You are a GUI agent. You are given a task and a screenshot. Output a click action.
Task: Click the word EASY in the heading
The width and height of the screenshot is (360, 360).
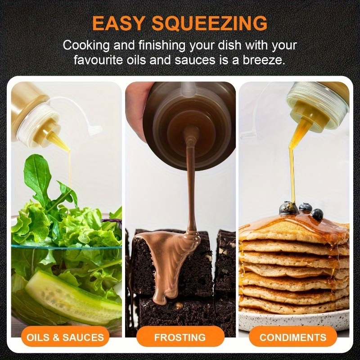click(x=118, y=23)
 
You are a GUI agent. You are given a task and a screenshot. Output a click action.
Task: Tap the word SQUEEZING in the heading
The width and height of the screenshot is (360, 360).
click(x=210, y=23)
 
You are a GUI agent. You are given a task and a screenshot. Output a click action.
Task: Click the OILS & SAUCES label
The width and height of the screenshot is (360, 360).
click(x=65, y=337)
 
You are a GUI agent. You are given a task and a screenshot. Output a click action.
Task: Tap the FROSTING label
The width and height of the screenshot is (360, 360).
click(x=180, y=337)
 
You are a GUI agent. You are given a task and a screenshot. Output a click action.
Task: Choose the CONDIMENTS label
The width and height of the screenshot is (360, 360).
click(x=293, y=337)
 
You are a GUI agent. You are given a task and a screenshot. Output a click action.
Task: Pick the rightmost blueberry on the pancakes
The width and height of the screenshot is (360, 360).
click(x=317, y=215)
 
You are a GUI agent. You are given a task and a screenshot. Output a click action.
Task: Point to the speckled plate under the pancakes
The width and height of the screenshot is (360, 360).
click(x=294, y=319)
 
